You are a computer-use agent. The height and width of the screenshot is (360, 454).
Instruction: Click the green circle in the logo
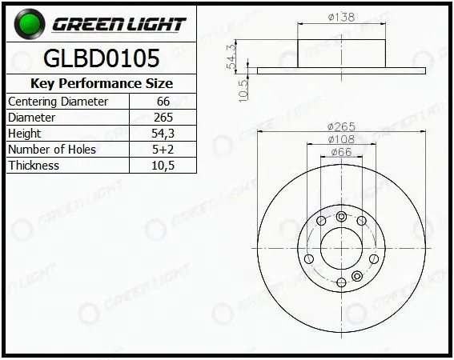pyautogui.click(x=30, y=24)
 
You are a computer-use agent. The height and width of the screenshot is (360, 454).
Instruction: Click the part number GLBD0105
pyautogui.click(x=102, y=58)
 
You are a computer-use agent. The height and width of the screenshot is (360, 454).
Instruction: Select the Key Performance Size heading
pyautogui.click(x=102, y=84)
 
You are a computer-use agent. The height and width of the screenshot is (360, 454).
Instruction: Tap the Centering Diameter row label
pyautogui.click(x=58, y=102)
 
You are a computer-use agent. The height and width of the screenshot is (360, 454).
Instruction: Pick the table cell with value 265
pyautogui.click(x=163, y=118)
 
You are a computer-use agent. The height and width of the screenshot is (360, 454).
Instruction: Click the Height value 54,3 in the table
pyautogui.click(x=163, y=134)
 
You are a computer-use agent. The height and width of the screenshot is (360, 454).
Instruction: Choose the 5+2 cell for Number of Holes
pyautogui.click(x=163, y=150)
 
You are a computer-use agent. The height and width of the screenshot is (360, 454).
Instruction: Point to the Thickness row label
pyautogui.click(x=34, y=166)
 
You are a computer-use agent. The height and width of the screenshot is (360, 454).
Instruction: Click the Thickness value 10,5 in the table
pyautogui.click(x=163, y=166)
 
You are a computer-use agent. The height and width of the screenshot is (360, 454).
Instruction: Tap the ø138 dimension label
pyautogui.click(x=341, y=17)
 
